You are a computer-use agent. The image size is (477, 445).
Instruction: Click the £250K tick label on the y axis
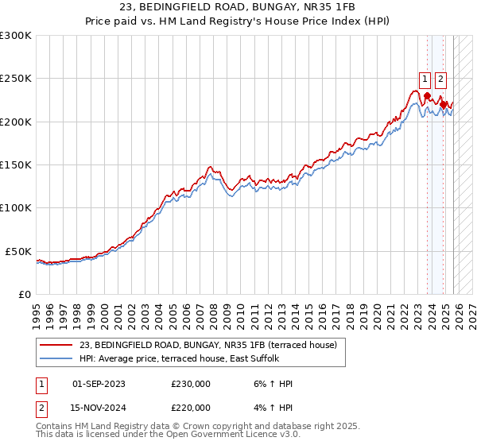(x=16, y=79)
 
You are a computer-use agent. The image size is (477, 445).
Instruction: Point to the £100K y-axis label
(x=16, y=208)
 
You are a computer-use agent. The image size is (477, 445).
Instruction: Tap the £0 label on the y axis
(x=25, y=294)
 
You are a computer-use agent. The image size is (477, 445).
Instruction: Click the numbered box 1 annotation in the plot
(x=426, y=79)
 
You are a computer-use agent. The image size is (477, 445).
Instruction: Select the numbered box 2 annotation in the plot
(x=441, y=79)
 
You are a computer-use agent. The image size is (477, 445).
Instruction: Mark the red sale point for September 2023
(x=427, y=96)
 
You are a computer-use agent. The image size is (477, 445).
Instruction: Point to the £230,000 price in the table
(x=191, y=384)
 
